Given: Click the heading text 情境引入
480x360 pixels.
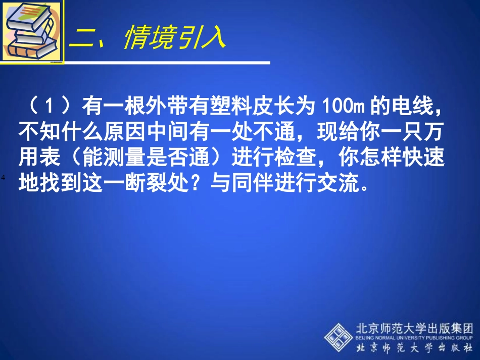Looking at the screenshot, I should [174, 39].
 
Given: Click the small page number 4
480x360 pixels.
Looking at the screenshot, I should [3, 177].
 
